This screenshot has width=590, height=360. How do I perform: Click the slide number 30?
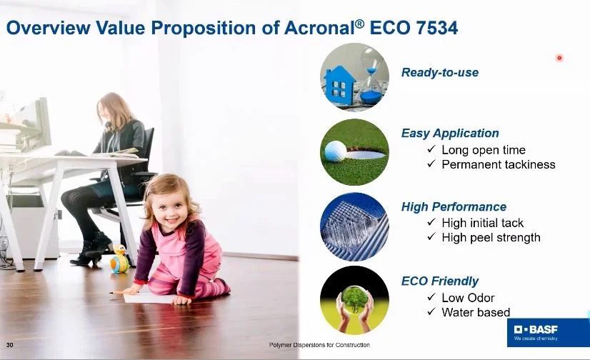pyautogui.click(x=10, y=346)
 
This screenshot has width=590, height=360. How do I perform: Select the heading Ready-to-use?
pyautogui.click(x=440, y=72)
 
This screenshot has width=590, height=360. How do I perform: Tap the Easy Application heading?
pyautogui.click(x=450, y=133)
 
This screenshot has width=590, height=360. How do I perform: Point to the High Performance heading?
pyautogui.click(x=454, y=207)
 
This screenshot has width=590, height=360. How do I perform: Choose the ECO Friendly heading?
pyautogui.click(x=440, y=281)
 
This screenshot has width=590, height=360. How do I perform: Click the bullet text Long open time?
pyautogui.click(x=483, y=150)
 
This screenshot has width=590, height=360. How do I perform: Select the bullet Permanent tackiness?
pyautogui.click(x=498, y=164)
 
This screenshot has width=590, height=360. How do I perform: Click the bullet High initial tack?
pyautogui.click(x=482, y=223)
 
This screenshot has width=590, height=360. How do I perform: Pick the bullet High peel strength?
pyautogui.click(x=491, y=237)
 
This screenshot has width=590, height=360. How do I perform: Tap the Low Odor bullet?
pyautogui.click(x=468, y=297)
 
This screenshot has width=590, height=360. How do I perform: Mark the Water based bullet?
pyautogui.click(x=476, y=312)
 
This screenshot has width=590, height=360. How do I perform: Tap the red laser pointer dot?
pyautogui.click(x=559, y=58)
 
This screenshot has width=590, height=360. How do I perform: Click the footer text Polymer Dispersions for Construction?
pyautogui.click(x=319, y=346)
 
